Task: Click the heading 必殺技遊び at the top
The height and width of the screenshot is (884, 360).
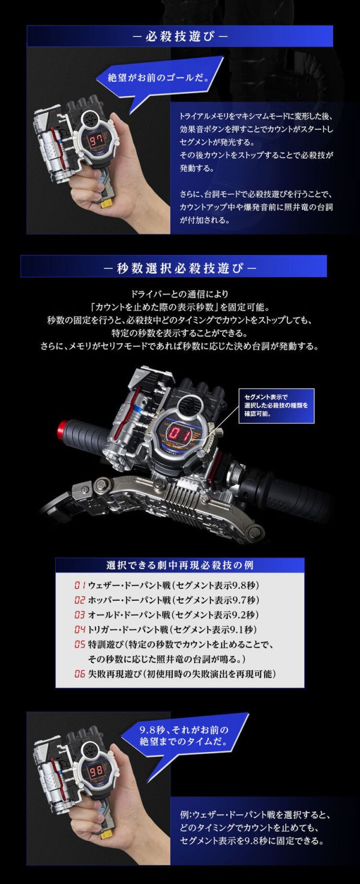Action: coord(179,35)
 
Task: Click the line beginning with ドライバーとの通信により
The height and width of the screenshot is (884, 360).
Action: coord(179,294)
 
